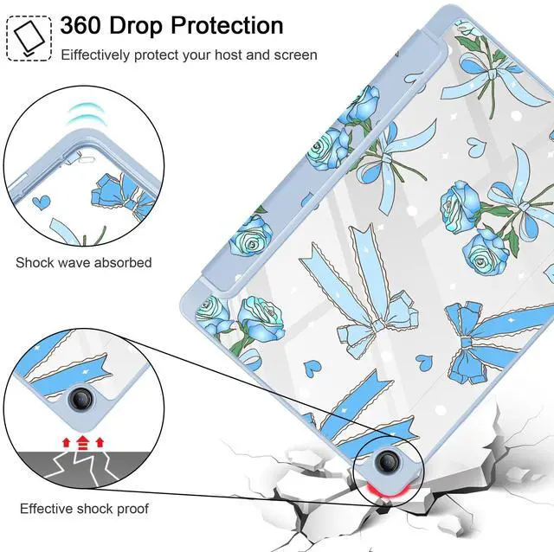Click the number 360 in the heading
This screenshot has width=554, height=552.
pyautogui.click(x=85, y=26)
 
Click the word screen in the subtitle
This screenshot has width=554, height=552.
pyautogui.click(x=296, y=55)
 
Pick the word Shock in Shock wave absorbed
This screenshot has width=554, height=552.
pyautogui.click(x=34, y=262)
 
